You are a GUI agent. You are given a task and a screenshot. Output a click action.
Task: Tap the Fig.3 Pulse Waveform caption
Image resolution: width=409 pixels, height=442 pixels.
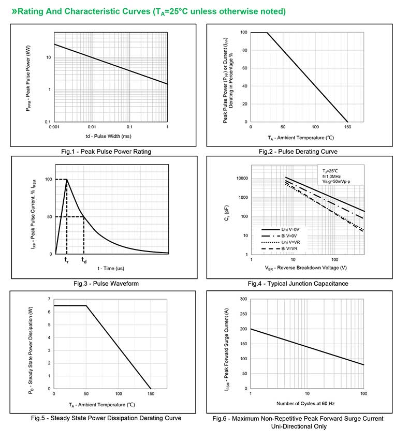click(106, 283)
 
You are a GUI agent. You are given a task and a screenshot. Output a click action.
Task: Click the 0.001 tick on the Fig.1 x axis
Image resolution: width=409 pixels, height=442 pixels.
click(54, 127)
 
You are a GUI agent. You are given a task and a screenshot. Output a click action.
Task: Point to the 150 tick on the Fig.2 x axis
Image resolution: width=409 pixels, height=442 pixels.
click(348, 127)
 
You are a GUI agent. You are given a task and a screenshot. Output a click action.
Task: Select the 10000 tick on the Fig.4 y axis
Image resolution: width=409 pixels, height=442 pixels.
click(241, 179)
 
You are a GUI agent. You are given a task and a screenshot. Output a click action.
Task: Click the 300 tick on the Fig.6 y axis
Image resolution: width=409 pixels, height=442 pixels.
click(243, 299)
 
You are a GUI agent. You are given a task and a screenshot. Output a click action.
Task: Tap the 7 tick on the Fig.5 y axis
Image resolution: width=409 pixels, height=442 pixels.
click(49, 299)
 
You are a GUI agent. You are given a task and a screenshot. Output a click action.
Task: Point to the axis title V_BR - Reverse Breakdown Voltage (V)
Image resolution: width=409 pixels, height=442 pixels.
click(306, 268)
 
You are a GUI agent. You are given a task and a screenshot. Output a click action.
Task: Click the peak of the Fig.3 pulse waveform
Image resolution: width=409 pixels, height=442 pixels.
click(67, 179)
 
